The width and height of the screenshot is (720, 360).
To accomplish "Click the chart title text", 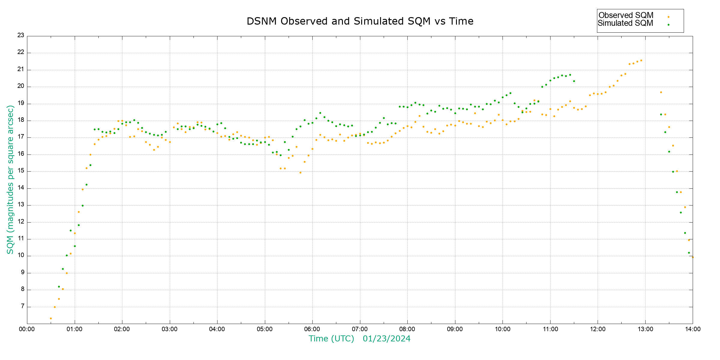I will pos(360,21).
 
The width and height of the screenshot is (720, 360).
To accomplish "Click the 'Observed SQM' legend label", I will pos(626,15).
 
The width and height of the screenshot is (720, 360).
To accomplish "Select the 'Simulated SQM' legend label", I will pos(625,23).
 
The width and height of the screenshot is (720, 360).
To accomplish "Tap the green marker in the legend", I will pos(668,25).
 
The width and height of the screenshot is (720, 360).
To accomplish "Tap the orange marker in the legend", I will pos(668,17).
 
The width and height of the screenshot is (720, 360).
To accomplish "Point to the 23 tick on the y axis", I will pos(21,35).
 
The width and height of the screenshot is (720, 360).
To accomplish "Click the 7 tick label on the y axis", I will pos(22,307).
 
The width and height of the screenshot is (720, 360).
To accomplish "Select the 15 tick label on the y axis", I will pos(21,171).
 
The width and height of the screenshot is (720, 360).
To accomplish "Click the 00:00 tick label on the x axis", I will pos(27,329).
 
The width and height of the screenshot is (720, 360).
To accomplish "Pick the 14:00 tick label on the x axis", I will pos(693,329).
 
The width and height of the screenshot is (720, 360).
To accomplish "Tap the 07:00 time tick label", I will pos(360,329).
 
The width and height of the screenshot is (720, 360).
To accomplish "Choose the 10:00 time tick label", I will pos(502,329).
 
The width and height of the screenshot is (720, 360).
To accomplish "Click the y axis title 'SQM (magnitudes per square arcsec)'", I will pos(10,179).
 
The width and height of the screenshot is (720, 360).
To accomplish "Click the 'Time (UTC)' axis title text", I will pos(331,339).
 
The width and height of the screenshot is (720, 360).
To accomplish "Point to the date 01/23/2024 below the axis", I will pos(386,339).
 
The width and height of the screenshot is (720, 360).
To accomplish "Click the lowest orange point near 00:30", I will pos(51,319).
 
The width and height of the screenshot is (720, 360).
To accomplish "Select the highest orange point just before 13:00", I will pos(641,60).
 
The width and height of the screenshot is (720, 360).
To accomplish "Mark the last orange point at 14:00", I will pos(693,257).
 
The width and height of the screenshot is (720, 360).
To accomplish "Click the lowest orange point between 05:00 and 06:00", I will pos(300,172).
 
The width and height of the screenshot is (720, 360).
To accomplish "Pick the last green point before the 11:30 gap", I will pos(574,81).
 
